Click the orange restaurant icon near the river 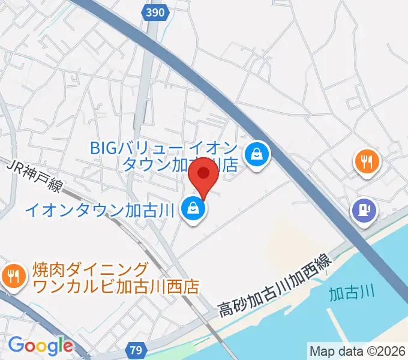click(x=366, y=161)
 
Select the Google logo click(x=40, y=346)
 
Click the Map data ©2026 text click(x=358, y=351)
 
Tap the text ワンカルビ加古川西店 click(x=116, y=286)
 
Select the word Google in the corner click(x=40, y=346)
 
